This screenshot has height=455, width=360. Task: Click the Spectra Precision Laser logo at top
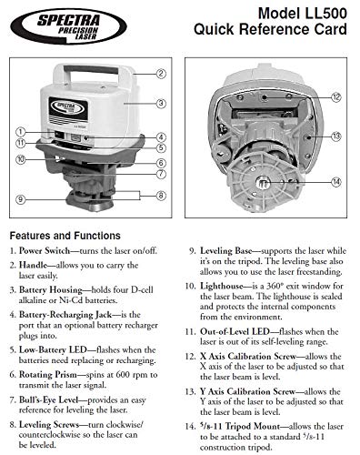(x=68, y=26)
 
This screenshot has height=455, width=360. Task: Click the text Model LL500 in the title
(x=302, y=14)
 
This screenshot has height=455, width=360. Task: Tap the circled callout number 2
(x=161, y=74)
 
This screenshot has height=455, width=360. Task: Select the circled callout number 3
(x=161, y=104)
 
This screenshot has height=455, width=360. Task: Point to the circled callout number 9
(x=21, y=199)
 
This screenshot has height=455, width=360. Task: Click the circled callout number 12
(x=335, y=97)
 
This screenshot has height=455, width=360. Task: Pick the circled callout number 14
(x=335, y=182)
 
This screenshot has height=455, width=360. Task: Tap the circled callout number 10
(x=21, y=159)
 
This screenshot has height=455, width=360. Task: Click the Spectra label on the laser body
(x=68, y=111)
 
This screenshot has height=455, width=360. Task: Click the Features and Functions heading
(x=65, y=236)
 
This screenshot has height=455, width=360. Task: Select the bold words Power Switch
(x=45, y=251)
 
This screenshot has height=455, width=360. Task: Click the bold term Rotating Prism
(x=48, y=375)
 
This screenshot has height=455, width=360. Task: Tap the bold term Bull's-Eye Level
(x=49, y=400)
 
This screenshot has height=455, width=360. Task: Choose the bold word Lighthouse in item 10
(x=222, y=286)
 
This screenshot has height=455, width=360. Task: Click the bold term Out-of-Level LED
(x=235, y=331)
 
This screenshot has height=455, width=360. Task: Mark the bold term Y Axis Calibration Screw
(x=247, y=391)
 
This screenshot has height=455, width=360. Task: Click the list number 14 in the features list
(x=190, y=427)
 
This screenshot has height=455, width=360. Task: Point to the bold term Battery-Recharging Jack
(x=65, y=315)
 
